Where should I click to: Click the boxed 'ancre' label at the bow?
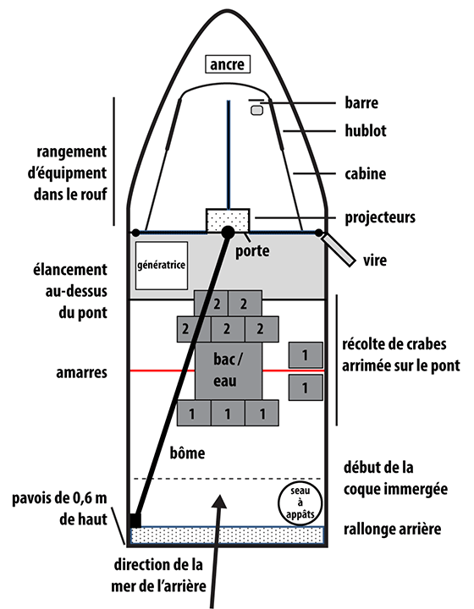[x=228, y=64]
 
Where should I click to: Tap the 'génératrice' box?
[x=161, y=266]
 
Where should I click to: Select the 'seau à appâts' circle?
[x=300, y=503]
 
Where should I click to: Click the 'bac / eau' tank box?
[x=228, y=371]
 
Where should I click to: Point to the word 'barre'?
[x=361, y=102]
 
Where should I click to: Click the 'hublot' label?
[x=366, y=130]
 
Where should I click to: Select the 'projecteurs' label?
[x=380, y=217]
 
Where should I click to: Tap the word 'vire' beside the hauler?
[x=375, y=261]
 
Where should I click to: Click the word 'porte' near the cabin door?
[x=252, y=251]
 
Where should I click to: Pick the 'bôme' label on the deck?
[x=187, y=453]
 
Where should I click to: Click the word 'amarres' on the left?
[x=81, y=372]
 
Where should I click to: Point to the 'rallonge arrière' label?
[x=393, y=529]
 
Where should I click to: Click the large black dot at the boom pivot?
[x=228, y=233]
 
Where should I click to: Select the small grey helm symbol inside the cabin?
[x=256, y=110]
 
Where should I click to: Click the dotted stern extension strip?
[x=228, y=536]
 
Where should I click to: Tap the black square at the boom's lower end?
[x=135, y=520]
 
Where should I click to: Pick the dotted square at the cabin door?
[x=228, y=221]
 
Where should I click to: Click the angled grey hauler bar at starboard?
[x=339, y=250]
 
